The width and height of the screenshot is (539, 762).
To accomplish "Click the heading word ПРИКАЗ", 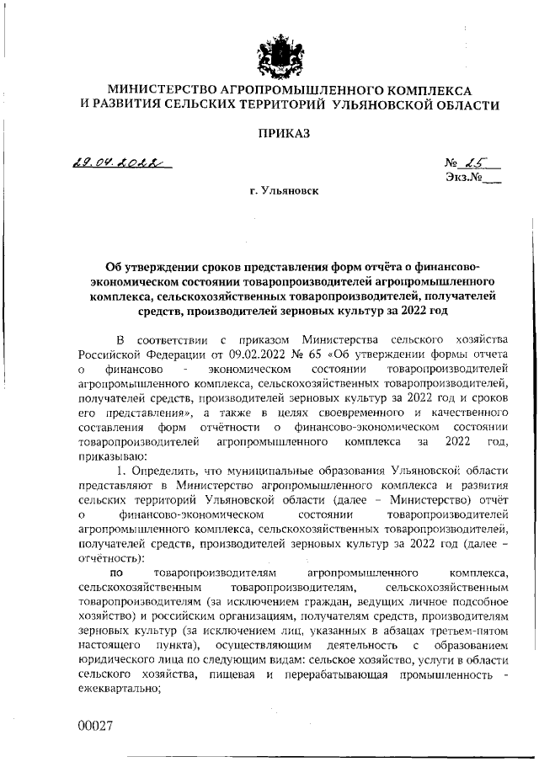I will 283,133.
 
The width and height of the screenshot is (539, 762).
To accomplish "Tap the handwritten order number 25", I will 468,163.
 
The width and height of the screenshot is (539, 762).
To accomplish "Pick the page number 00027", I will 94,725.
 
